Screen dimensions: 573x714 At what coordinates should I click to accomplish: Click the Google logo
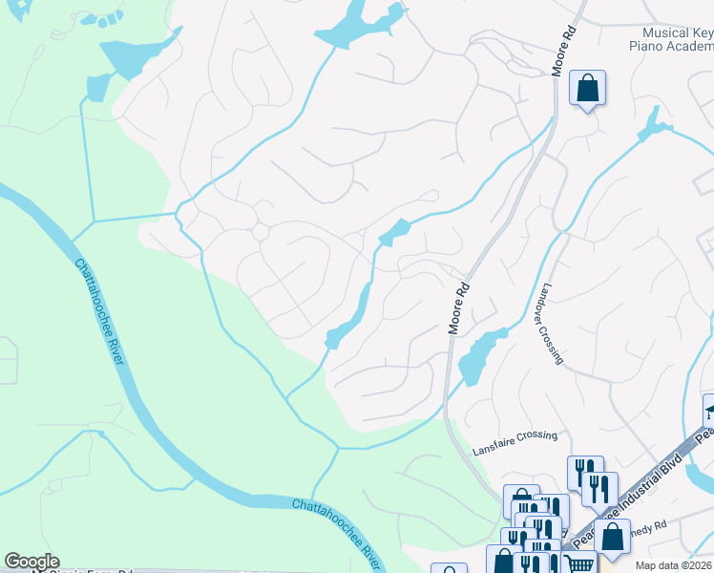point(31,562)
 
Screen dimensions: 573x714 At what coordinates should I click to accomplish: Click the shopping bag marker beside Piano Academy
point(587,89)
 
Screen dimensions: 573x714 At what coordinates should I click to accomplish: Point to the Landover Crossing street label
point(552,324)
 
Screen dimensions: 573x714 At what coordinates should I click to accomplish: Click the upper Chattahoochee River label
point(99,310)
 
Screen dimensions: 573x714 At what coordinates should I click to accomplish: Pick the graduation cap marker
point(710,412)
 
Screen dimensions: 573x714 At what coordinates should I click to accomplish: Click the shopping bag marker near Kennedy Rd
point(611,537)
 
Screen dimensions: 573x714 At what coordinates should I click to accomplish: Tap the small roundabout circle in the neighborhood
point(260,232)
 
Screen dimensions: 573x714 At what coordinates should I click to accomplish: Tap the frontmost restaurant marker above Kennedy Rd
point(598,489)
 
